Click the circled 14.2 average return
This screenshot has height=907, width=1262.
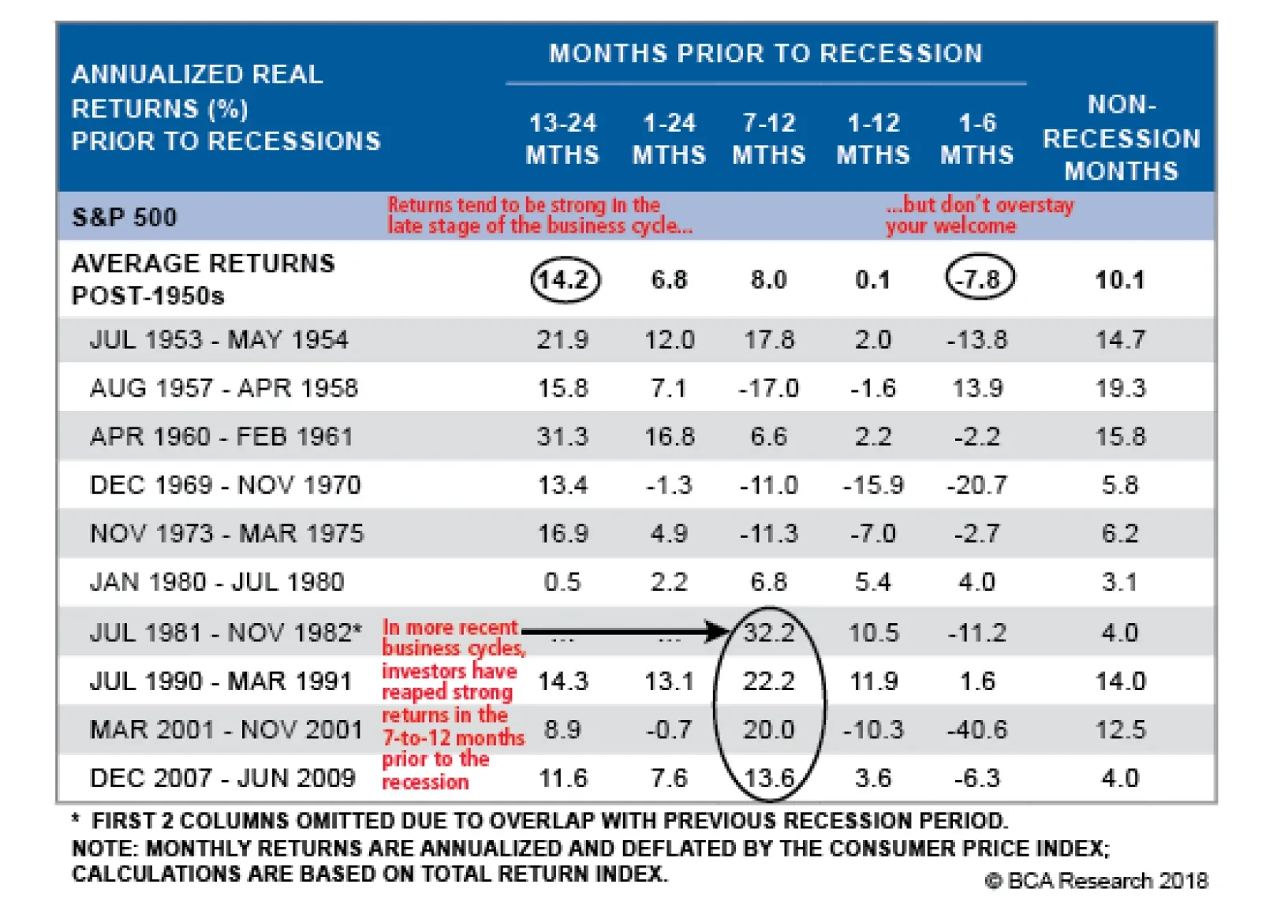pos(565,280)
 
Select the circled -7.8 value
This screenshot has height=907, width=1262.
pos(980,279)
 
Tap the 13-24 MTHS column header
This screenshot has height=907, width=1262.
pos(562,139)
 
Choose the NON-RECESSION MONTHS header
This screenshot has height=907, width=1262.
pos(1121,138)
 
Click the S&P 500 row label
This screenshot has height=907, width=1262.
pos(125,217)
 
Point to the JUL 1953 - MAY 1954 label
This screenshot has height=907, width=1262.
pos(218,340)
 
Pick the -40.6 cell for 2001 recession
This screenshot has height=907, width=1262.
pos(977,730)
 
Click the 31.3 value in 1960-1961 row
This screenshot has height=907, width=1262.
pos(562,436)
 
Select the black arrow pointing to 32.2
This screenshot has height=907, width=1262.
pos(623,631)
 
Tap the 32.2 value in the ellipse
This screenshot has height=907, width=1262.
pos(769,633)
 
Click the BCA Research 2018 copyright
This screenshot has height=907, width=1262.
pos(1096,880)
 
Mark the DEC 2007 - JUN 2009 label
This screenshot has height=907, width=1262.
pos(222,778)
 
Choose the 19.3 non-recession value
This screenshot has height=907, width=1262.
pos(1120,388)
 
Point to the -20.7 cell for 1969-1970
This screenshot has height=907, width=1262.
pos(977,485)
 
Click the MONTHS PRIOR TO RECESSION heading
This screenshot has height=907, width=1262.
pos(765,54)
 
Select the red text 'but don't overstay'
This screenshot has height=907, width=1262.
pos(980,205)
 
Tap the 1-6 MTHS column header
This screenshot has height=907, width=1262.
pos(976,139)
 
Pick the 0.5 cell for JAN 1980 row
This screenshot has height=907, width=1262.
pos(562,582)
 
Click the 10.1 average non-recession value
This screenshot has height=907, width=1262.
pos(1120,280)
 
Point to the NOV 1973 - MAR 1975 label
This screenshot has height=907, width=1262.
pos(227,534)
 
